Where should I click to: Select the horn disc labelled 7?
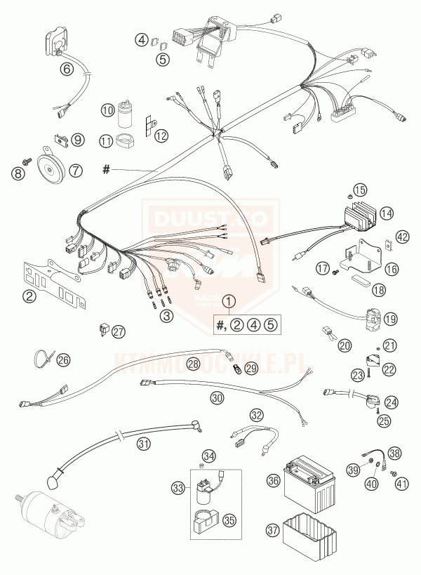click(50, 167)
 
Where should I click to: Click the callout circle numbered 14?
click(386, 212)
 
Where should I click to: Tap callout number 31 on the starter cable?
click(144, 443)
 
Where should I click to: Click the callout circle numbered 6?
click(67, 68)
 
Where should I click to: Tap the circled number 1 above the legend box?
click(228, 303)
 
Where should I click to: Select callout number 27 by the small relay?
click(119, 331)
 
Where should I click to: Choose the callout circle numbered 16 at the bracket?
click(391, 268)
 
